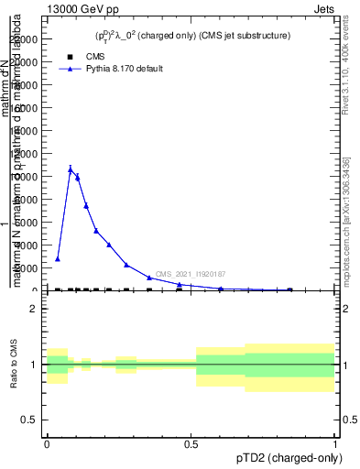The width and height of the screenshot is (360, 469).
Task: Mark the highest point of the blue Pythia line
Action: (71, 169)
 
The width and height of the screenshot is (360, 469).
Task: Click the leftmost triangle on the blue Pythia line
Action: (58, 259)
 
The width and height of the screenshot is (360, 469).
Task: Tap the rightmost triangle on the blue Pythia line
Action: (290, 289)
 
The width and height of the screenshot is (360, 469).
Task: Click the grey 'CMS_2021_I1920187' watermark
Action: (191, 274)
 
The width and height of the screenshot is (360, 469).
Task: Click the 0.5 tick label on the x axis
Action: (191, 443)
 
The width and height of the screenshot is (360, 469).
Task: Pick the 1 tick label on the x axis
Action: (335, 443)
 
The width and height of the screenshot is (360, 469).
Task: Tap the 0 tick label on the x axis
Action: (47, 443)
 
